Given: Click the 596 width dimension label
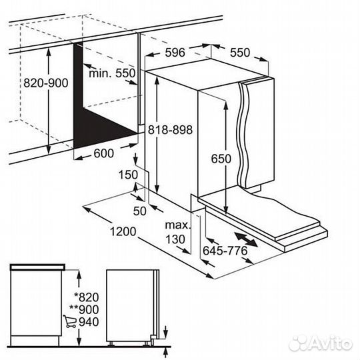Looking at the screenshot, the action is tap(175, 53).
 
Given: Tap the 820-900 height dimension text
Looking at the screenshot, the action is tap(46, 83).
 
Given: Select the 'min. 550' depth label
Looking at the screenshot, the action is tap(112, 73).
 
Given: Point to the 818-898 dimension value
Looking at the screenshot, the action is tap(170, 130).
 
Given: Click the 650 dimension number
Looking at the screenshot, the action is tap(221, 159).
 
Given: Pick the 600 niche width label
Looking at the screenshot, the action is tap(104, 153).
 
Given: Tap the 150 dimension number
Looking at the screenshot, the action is tap(128, 175).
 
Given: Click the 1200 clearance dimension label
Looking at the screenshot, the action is tap(123, 231).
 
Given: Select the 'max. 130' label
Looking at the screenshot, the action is tap(177, 233).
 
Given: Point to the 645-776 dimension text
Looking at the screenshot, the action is tap(225, 251).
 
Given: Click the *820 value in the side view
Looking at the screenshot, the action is tap(87, 297).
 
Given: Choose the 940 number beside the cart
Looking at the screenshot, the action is tap(89, 322).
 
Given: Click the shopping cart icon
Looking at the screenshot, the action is tap(70, 321).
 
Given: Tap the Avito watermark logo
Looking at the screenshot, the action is tap(320, 344).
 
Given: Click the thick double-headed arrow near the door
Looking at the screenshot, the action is tap(245, 239).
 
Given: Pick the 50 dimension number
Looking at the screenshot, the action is tap(139, 211).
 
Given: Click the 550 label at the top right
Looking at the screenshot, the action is tap(240, 53).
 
